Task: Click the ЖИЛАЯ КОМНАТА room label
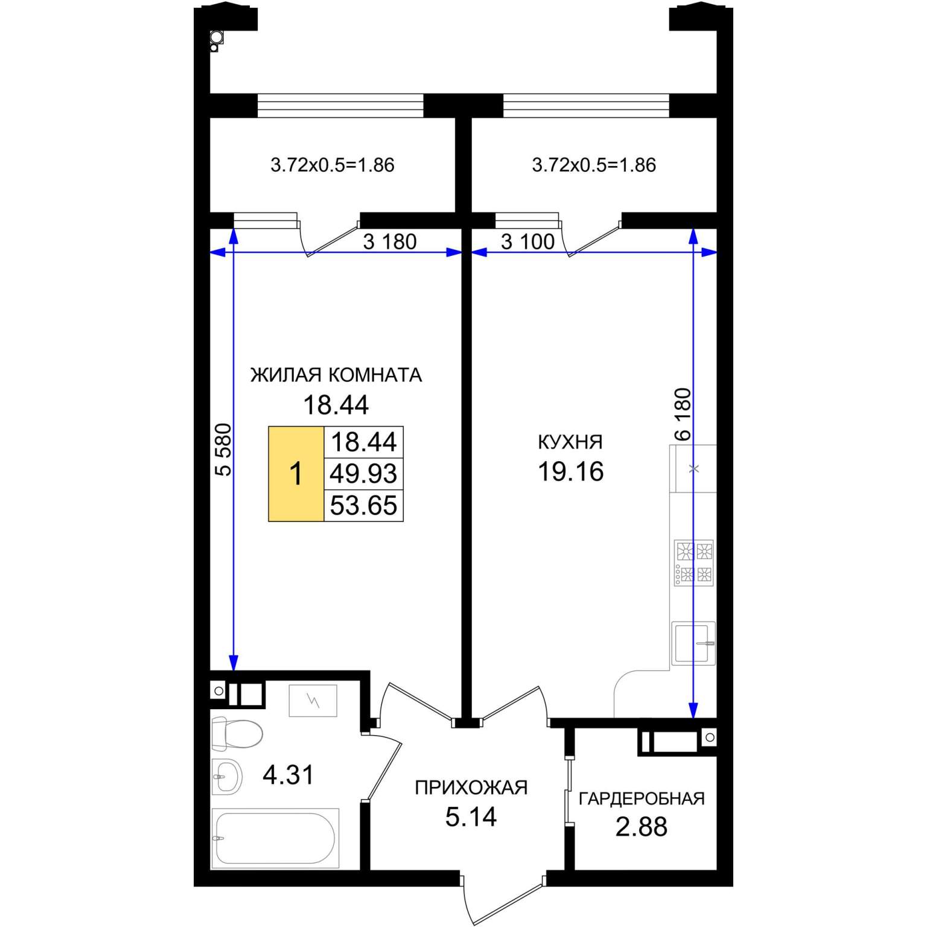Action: click(x=336, y=375)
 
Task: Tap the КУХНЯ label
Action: click(x=570, y=442)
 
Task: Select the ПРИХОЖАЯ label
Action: click(x=471, y=787)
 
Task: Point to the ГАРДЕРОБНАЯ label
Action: click(x=642, y=798)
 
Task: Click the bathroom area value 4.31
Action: click(x=288, y=775)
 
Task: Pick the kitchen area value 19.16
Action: click(x=570, y=471)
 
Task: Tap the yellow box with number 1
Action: click(x=296, y=474)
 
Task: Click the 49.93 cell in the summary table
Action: click(x=363, y=474)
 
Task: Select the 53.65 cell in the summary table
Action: click(x=363, y=505)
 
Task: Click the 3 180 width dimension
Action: click(x=390, y=242)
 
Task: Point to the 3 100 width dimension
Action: click(x=527, y=242)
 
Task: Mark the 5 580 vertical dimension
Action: click(x=223, y=450)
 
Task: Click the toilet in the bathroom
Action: click(x=237, y=733)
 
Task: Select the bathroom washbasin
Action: click(x=226, y=776)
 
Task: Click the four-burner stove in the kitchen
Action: click(x=694, y=563)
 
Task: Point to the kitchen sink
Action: click(x=693, y=643)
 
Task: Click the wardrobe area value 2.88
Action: click(x=642, y=827)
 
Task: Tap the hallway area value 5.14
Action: click(x=471, y=817)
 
